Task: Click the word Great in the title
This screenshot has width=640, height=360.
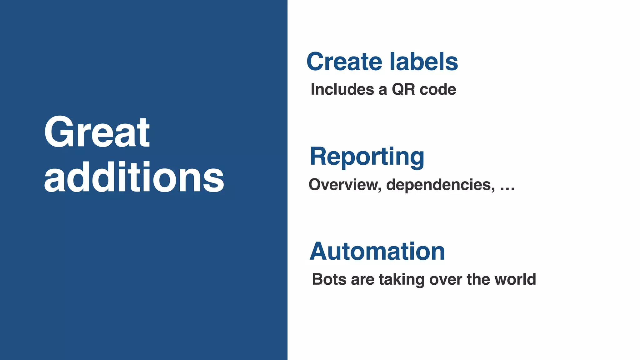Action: (97, 132)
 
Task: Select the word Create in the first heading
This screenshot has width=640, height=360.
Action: (344, 62)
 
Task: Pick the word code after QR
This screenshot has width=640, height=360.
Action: (438, 90)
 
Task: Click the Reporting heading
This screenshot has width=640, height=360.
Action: (367, 157)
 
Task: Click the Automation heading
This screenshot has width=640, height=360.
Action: (377, 252)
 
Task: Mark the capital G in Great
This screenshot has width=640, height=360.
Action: (59, 132)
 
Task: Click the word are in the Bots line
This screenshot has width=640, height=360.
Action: (362, 279)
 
